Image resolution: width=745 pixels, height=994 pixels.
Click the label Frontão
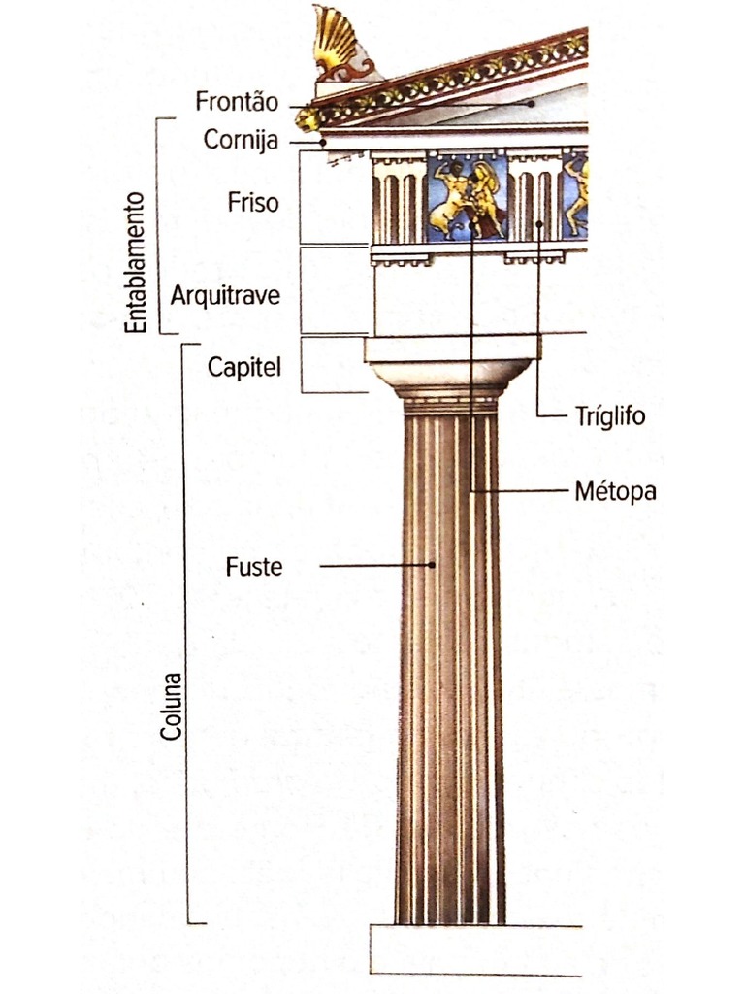[x=237, y=101]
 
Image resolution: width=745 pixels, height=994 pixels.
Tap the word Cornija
[x=241, y=140]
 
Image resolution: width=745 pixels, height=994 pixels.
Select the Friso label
[x=253, y=203]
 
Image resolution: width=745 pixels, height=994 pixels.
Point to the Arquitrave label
[x=225, y=295]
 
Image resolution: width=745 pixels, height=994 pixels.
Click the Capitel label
[x=243, y=367]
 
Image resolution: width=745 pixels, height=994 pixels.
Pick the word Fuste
[x=254, y=566]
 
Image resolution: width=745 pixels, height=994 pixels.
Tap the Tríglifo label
[x=609, y=417]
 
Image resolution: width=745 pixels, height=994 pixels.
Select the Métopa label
[x=615, y=491]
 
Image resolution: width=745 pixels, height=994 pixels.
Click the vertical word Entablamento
[x=137, y=262]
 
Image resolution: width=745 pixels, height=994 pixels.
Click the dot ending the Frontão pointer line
[x=531, y=101]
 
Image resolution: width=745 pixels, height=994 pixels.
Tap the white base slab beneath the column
[x=475, y=948]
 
